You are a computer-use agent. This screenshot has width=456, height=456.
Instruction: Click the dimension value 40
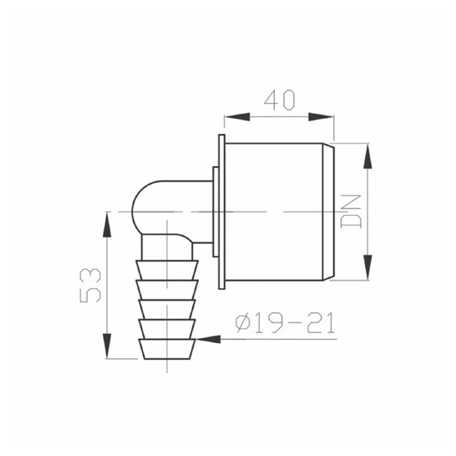tap(280, 100)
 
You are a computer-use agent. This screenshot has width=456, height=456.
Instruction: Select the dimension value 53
tap(90, 285)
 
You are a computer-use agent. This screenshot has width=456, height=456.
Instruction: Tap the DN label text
tap(351, 211)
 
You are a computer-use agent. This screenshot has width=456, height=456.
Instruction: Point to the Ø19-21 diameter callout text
tap(285, 323)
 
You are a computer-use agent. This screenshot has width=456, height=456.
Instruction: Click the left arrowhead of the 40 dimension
tap(237, 117)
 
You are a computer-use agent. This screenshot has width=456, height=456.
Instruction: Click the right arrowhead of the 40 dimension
tap(321, 117)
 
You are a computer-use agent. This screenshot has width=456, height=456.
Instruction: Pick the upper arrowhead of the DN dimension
tap(367, 156)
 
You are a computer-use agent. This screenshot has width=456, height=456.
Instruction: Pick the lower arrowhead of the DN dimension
tap(367, 267)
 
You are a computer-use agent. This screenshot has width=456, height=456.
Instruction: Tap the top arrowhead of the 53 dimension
tap(107, 224)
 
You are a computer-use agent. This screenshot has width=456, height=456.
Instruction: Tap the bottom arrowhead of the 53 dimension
tap(107, 346)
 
